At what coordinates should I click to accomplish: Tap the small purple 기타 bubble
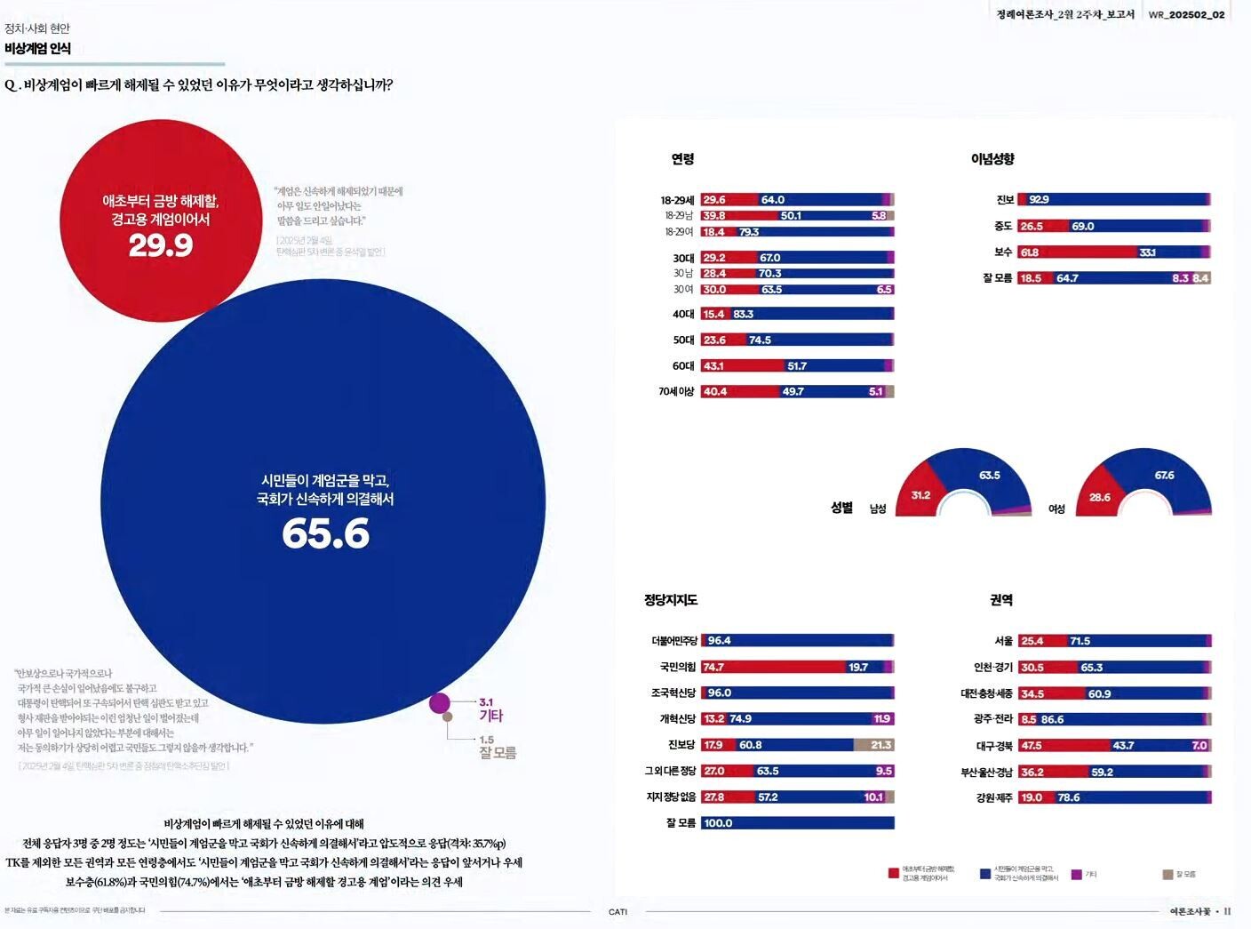[x=439, y=703]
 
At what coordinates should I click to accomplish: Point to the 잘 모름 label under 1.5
[x=498, y=753]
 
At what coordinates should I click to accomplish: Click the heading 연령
[x=682, y=159]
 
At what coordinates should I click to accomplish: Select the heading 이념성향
[x=992, y=159]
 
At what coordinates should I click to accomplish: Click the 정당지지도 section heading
[x=671, y=600]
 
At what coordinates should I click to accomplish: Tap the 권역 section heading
[x=1001, y=600]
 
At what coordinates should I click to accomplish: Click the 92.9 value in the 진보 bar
[x=1039, y=200]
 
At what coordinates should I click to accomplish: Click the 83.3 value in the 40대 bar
[x=743, y=314]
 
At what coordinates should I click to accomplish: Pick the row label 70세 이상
[x=676, y=391]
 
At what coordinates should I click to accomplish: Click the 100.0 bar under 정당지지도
[x=797, y=823]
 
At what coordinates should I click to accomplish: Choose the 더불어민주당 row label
[x=673, y=641]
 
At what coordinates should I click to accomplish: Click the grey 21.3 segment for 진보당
[x=874, y=745]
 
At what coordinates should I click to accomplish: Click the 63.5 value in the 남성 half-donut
[x=990, y=476]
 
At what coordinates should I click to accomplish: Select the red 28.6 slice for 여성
[x=1100, y=498]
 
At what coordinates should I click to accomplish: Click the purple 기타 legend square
[x=1077, y=875]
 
